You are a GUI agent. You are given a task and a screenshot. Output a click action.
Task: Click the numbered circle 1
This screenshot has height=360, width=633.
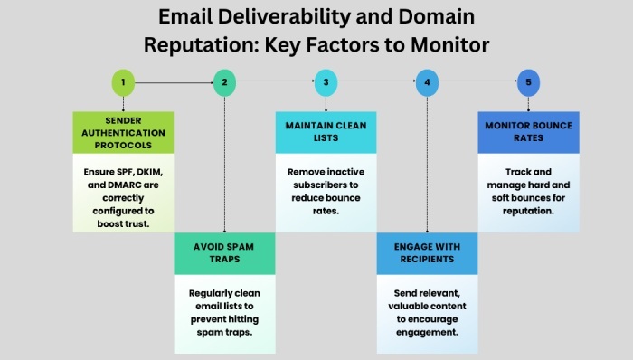pos(123,84)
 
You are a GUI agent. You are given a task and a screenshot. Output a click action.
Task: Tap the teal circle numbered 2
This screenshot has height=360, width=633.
pos(224,84)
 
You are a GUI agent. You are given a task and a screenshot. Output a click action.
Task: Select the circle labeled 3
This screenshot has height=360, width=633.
pos(326,84)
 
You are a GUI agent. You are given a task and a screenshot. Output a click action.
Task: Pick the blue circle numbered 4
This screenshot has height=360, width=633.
pos(427,84)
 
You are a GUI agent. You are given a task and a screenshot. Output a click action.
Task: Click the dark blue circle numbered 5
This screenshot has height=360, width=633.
pos(528,84)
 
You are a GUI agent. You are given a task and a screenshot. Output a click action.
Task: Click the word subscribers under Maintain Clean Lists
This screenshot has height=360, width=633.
pos(325,185)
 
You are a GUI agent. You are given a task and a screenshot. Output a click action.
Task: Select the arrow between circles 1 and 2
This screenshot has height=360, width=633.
pos(174,84)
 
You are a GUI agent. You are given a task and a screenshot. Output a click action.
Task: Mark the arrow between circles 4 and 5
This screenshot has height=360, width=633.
pos(477,84)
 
